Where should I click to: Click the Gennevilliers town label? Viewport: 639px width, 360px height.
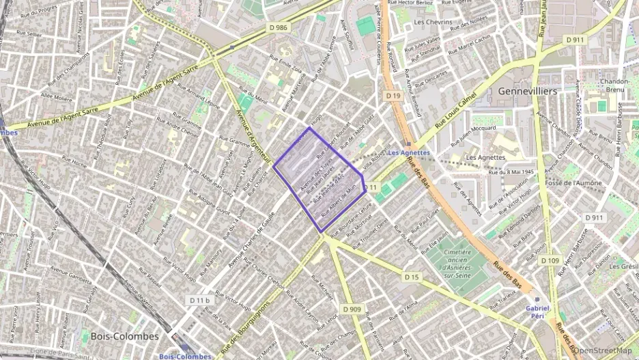coord(528,91)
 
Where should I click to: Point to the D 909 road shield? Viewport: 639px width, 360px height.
coord(352,309)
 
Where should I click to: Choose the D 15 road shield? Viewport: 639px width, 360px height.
coord(410,277)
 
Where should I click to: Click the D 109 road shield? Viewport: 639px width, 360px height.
coord(550,260)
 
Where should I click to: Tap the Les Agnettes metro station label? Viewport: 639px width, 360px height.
coord(408,152)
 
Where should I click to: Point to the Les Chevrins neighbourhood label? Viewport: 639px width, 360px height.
coord(433,23)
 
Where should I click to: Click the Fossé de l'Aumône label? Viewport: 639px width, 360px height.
coord(573,183)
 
